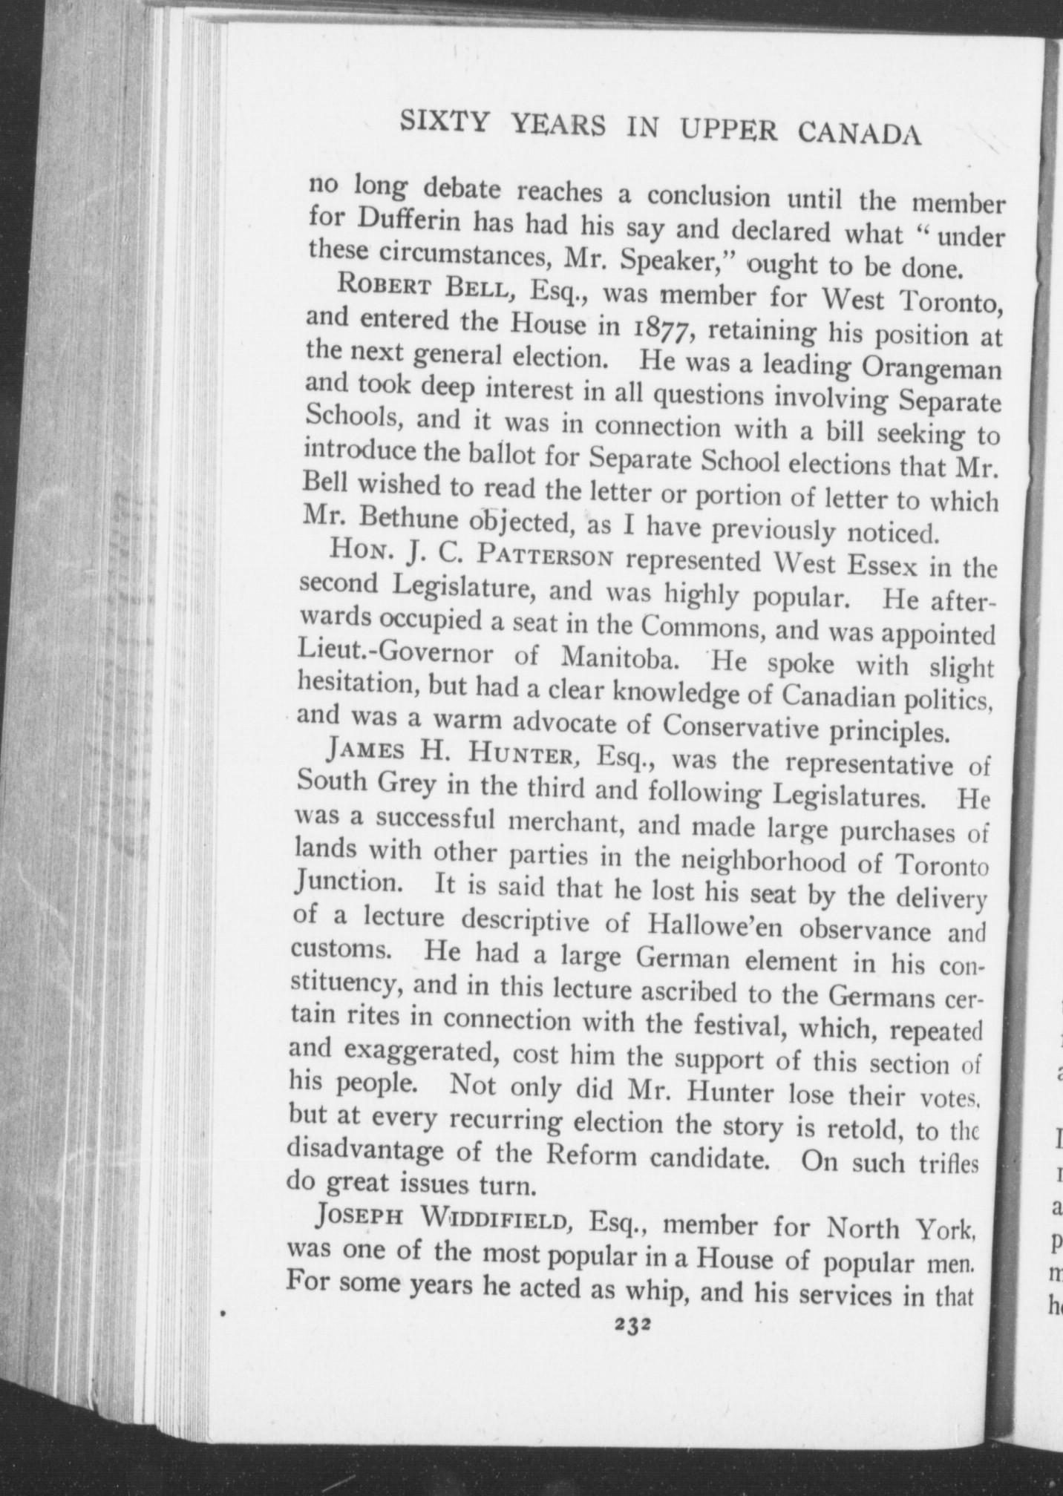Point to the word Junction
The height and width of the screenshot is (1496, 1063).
[346, 883]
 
